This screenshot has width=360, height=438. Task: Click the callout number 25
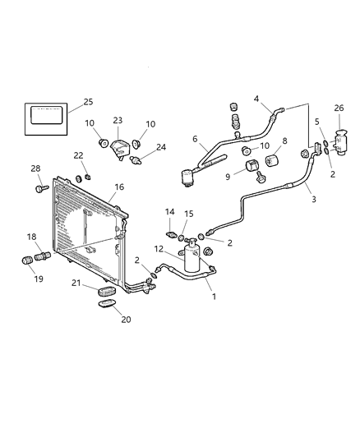point(88,103)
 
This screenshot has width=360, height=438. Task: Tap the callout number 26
point(339,107)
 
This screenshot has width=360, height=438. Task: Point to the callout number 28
point(35,169)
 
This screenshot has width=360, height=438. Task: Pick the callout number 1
point(214,296)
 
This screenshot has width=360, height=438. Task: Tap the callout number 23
point(118,120)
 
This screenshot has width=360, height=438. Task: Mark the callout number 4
point(256,99)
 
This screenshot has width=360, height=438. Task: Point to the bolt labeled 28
point(39,189)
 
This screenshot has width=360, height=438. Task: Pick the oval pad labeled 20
point(107,305)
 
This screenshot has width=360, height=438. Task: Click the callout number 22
point(78,156)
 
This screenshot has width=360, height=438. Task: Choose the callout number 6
point(195,139)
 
